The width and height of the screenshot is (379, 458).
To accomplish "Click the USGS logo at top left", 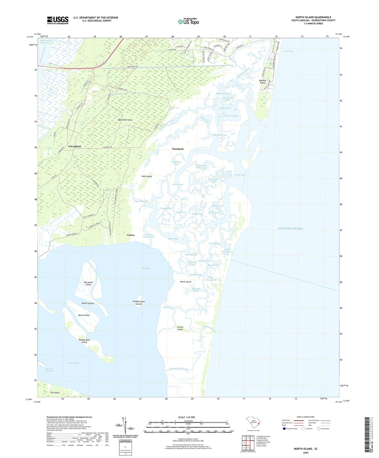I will (x=58, y=20).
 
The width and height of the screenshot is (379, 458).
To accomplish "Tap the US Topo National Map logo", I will (x=189, y=21).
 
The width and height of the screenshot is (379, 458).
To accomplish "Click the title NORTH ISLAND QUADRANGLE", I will (x=313, y=17).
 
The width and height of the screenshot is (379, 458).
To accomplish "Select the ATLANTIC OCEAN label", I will (x=290, y=228).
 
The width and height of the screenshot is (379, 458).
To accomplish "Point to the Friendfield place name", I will (x=74, y=146).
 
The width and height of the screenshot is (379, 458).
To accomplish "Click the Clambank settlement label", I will (x=178, y=149).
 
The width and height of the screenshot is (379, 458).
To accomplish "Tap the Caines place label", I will (x=131, y=235).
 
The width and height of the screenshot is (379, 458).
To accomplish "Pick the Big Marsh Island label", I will (x=88, y=284).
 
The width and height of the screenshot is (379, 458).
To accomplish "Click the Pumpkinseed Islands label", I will (x=138, y=303).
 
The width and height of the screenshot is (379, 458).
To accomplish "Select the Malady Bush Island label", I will (x=84, y=341).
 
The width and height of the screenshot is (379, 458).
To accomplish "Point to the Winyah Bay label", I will (x=73, y=363).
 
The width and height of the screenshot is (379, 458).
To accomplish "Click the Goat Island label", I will (x=147, y=177).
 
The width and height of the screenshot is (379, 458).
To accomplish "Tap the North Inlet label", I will (x=240, y=175).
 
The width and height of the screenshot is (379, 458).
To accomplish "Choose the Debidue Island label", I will (x=262, y=82).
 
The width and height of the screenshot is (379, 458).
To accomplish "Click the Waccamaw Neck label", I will (x=125, y=120).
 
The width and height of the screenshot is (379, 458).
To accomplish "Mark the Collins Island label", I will (x=180, y=328).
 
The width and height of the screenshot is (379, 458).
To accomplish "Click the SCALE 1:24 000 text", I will (x=186, y=417).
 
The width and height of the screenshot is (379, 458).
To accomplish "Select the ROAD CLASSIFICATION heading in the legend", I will (x=306, y=417).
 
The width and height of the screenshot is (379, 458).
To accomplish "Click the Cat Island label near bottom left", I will (x=55, y=393).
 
